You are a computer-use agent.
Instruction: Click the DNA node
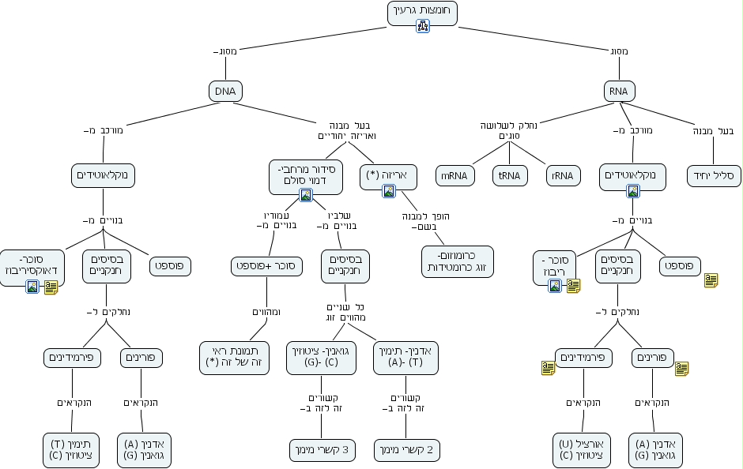coord(225,91)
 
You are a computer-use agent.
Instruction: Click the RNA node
coord(618,91)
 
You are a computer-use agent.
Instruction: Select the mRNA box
coord(454,176)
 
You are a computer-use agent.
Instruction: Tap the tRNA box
coord(510,176)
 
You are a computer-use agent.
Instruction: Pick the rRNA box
coord(564,176)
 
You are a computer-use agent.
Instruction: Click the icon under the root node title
coord(423,26)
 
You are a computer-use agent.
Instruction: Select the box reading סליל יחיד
coord(715,175)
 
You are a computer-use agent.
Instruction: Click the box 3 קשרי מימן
coord(322,450)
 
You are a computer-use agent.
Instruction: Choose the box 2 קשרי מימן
coord(406,450)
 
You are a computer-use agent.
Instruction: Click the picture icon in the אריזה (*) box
coord(388,190)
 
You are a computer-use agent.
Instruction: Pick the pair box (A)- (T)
coord(406,356)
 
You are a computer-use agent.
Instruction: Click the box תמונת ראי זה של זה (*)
coord(236,356)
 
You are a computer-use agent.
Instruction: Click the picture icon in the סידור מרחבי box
coord(305,195)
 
